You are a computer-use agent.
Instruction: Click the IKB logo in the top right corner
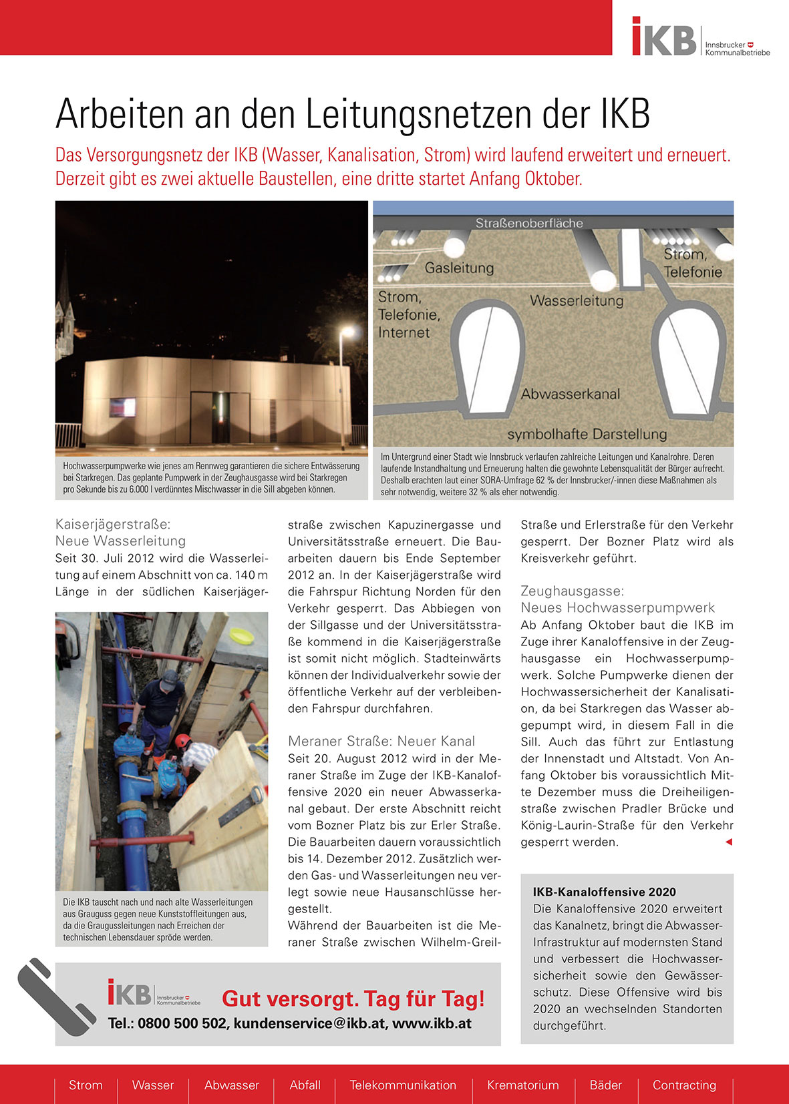tap(665, 37)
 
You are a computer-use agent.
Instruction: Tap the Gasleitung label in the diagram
tap(459, 268)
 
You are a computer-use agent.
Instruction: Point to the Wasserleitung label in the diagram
tap(577, 301)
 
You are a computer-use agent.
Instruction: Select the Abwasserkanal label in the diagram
tap(570, 394)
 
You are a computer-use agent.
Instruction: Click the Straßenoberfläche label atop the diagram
tap(529, 223)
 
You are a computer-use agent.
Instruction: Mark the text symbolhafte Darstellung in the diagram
tap(587, 434)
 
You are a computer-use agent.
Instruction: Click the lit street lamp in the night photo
tap(347, 330)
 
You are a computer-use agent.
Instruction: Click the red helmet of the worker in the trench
tap(182, 741)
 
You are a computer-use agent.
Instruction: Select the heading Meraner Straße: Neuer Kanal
tap(381, 741)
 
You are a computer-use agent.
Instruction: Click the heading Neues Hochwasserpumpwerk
tap(617, 607)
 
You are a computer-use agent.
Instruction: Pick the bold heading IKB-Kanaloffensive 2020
tap(604, 892)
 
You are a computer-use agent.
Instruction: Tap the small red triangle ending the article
tap(728, 842)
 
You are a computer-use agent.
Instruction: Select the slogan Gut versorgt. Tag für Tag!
tap(353, 999)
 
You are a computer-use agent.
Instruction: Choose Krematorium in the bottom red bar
tap(522, 1085)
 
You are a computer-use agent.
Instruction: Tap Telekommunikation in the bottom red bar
tap(403, 1085)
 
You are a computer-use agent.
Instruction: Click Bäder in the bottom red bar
tap(605, 1085)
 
